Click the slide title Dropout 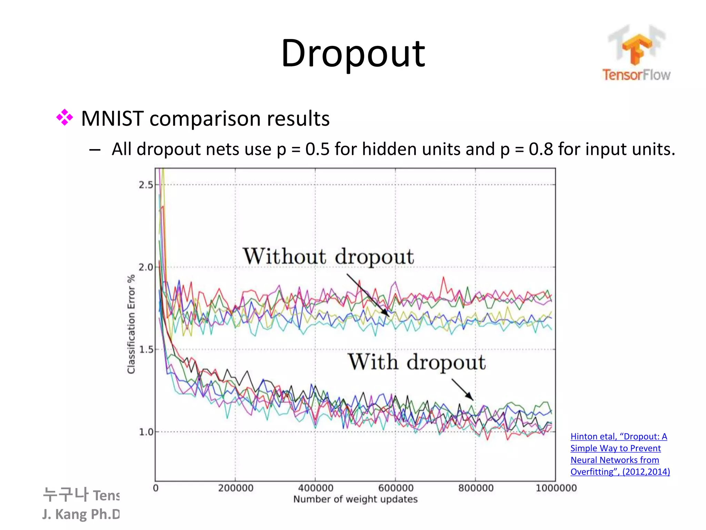tap(353, 53)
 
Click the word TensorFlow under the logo tap(636, 75)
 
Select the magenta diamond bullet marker tap(64, 118)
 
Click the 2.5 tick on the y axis tap(146, 185)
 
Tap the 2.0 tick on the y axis tap(146, 267)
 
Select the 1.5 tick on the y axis tap(146, 350)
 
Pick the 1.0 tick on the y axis tap(146, 432)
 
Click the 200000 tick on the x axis tap(236, 488)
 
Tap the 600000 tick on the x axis tap(396, 488)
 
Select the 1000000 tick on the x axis tap(556, 488)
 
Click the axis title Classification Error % tap(131, 324)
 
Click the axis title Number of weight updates tap(355, 499)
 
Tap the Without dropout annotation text tap(328, 257)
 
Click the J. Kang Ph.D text tap(81, 514)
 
